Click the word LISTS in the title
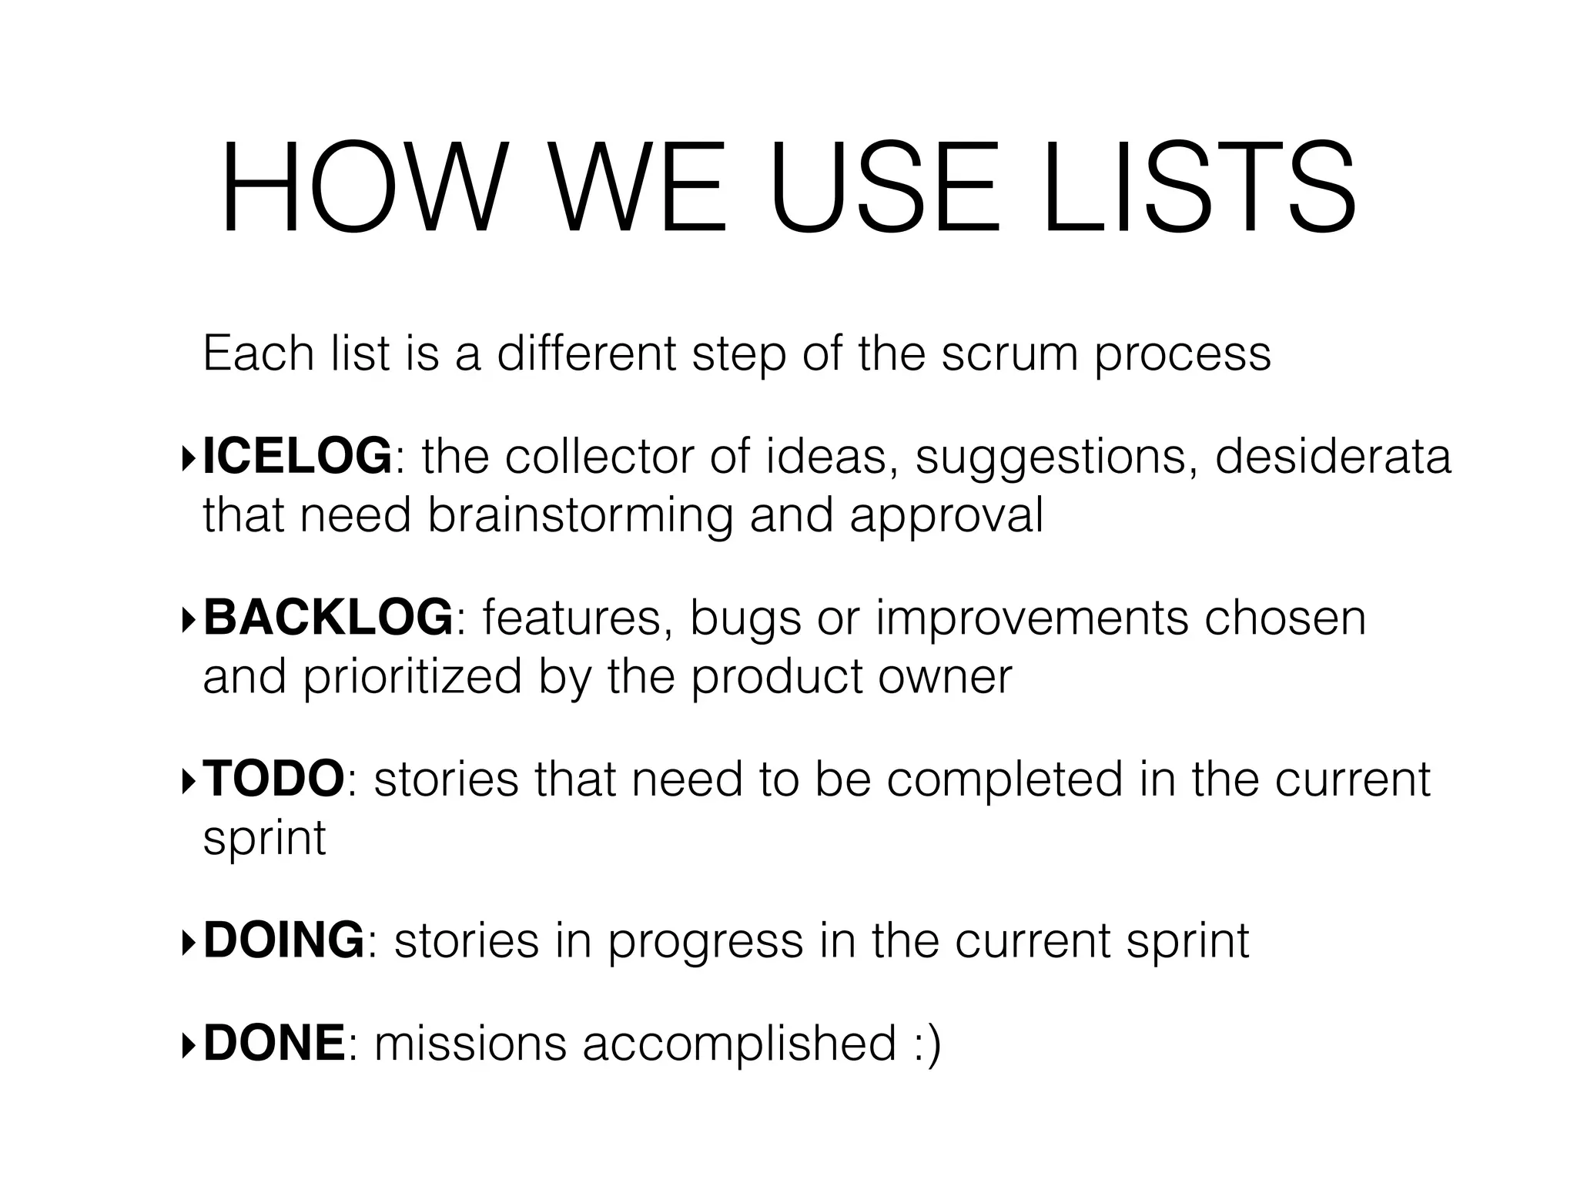(1199, 189)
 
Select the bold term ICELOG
(297, 456)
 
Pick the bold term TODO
(274, 779)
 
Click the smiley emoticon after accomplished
(927, 1044)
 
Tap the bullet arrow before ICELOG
(189, 459)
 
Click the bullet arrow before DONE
(189, 1045)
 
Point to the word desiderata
(1332, 456)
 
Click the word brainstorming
(580, 516)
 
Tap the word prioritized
(412, 677)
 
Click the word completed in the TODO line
(1004, 779)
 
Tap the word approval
(946, 516)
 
